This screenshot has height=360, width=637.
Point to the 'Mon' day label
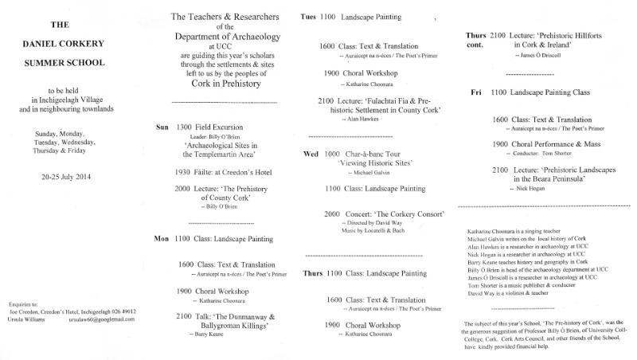click(x=162, y=237)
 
